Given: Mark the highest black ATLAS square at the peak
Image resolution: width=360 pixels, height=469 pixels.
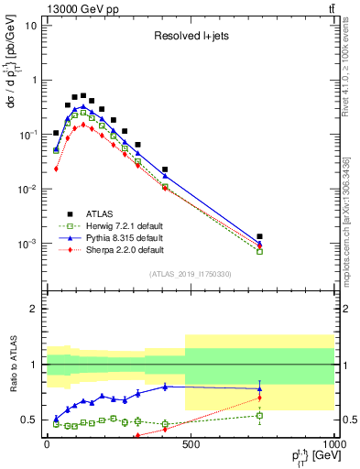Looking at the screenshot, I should coord(83,95).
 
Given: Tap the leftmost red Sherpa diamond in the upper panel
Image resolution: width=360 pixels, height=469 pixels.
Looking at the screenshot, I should coord(56,169).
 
